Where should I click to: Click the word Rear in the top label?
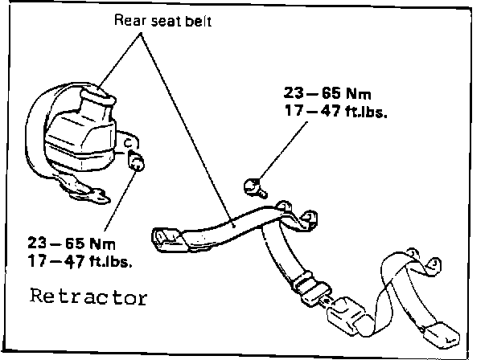pos(129,22)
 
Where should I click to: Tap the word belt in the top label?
pos(198,22)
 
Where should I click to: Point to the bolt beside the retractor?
pos(138,164)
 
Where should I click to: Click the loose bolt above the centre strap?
pos(253,186)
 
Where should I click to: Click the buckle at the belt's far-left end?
pos(165,236)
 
